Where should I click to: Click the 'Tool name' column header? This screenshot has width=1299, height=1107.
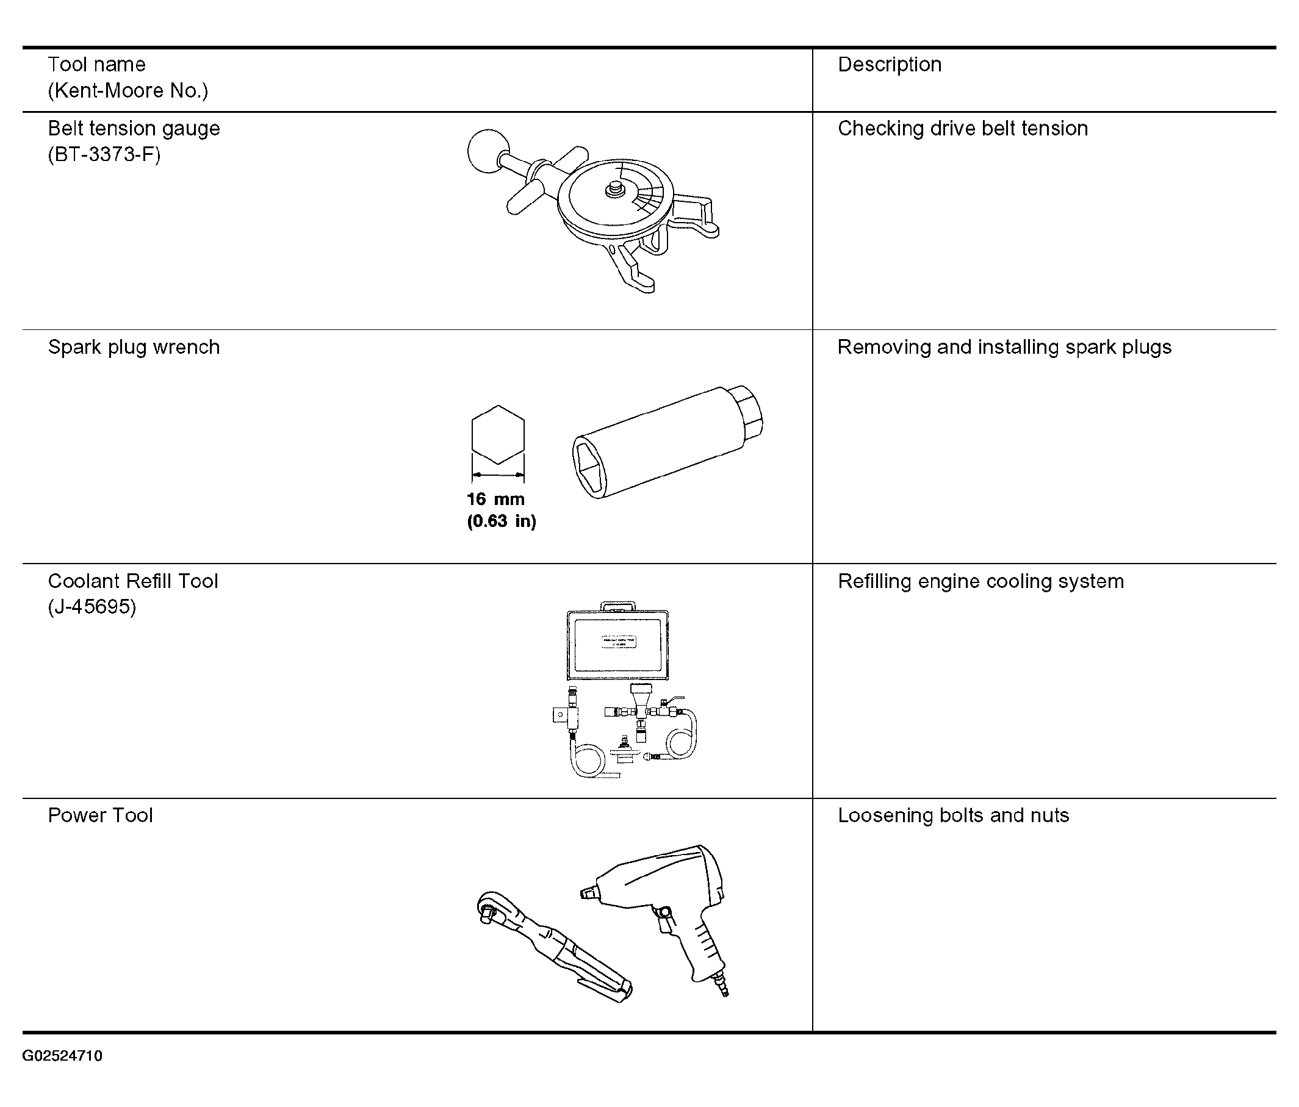96,65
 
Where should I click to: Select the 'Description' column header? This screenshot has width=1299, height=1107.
890,65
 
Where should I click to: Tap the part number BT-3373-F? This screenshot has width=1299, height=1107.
104,154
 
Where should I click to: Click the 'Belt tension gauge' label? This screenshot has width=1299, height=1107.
134,129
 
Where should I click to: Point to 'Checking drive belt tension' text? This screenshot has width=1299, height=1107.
963,129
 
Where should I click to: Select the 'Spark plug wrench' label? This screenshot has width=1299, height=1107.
134,347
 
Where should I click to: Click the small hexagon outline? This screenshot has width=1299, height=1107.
498,434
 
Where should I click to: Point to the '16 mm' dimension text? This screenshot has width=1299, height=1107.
495,499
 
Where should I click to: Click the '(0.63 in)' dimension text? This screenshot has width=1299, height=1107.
502,521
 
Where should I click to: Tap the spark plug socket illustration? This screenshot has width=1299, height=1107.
668,442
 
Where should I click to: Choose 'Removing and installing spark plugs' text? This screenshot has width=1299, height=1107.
1004,347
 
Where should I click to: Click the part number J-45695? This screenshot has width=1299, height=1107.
92,607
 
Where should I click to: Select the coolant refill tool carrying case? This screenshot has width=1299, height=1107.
618,642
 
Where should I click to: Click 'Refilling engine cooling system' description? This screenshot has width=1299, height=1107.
981,581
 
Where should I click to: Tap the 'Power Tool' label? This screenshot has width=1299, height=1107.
100,815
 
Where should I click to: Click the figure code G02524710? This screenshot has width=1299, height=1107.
62,1056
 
